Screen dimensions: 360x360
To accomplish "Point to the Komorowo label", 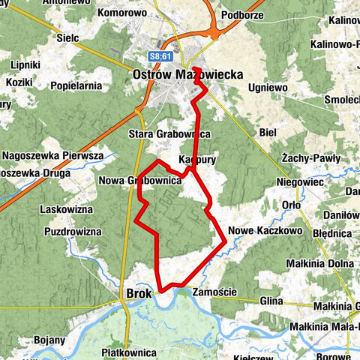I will [x=125, y=13].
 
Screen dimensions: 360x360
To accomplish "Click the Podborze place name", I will [x=244, y=16].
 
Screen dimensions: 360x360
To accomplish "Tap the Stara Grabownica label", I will [x=169, y=133].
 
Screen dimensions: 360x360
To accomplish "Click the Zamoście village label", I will [x=214, y=292].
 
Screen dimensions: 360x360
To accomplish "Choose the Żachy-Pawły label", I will [x=310, y=159].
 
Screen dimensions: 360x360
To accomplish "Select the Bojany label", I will [x=49, y=340].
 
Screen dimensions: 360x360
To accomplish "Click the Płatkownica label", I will [x=130, y=352].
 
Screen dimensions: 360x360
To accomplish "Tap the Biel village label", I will [x=267, y=132].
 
